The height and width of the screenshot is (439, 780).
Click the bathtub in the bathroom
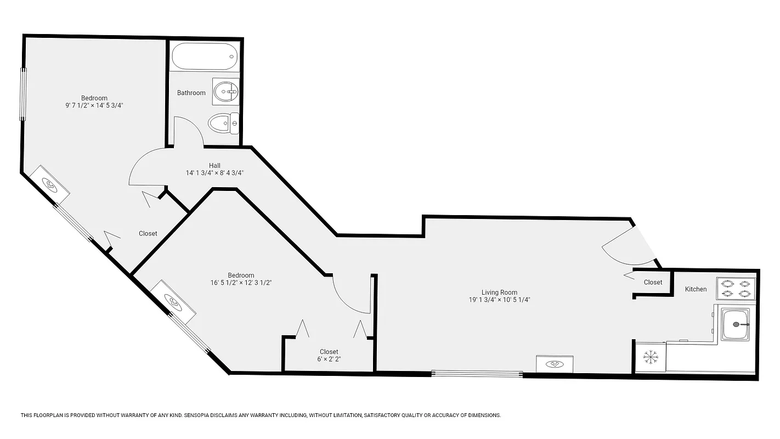[x=204, y=56]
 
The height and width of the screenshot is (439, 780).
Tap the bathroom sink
[x=225, y=92]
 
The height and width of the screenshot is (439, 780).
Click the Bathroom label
[x=191, y=93]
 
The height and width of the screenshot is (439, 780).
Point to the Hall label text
[x=214, y=165]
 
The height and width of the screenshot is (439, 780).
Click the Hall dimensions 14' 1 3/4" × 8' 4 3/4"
[x=214, y=173]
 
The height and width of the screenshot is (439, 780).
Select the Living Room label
[x=499, y=292]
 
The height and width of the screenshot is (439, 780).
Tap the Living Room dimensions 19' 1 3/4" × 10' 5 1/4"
[x=499, y=300]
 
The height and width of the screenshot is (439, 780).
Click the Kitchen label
[x=696, y=289]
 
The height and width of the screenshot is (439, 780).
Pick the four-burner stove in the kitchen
[x=736, y=289]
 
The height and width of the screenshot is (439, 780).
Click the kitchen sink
[x=736, y=324]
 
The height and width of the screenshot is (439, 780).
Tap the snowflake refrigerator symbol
[x=651, y=358]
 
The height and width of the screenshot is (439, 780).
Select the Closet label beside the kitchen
[x=653, y=283]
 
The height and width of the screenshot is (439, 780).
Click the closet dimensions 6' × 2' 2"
[x=329, y=359]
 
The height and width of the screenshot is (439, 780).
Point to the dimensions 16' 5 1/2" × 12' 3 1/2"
[x=241, y=283]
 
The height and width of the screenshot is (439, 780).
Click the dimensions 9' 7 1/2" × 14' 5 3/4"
[x=94, y=106]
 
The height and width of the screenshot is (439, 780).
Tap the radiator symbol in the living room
[x=555, y=363]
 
